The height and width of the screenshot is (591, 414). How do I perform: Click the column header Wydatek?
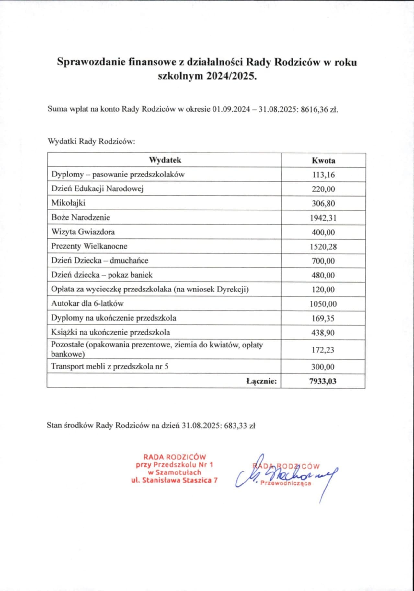165,160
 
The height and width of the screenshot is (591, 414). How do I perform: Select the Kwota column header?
323,160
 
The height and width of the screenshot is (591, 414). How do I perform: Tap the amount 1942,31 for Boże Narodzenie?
323,218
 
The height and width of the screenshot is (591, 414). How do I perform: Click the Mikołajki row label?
68,203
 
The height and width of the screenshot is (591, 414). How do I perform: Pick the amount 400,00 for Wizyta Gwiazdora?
323,232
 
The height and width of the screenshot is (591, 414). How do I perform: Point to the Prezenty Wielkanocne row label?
89,246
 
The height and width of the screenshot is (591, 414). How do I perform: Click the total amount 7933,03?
323,381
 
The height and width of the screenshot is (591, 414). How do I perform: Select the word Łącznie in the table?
261,381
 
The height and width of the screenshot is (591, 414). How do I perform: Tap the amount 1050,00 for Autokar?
323,304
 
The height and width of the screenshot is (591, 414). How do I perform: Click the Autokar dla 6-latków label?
87,304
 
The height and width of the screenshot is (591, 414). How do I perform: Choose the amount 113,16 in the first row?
323,175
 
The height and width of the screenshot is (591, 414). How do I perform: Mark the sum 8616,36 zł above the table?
319,109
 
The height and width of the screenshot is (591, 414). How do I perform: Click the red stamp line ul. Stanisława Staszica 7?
174,480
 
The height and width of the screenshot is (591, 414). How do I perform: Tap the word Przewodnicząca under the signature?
286,483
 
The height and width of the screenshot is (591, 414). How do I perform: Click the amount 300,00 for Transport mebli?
323,367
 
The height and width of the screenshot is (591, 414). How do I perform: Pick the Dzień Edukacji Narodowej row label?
97,188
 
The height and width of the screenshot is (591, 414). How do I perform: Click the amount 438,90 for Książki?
323,333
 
